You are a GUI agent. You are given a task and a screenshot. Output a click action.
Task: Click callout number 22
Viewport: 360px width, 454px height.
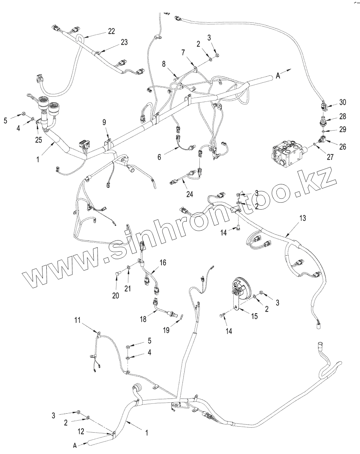(111, 31)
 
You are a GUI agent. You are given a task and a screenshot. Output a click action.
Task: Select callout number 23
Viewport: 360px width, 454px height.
(124, 42)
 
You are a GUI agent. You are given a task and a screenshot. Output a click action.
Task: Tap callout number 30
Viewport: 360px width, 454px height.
(342, 103)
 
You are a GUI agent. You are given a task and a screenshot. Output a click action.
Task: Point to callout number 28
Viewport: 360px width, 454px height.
(342, 117)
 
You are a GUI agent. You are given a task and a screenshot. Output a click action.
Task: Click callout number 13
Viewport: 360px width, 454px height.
(302, 218)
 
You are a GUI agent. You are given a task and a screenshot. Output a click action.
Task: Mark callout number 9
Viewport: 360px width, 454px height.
(104, 123)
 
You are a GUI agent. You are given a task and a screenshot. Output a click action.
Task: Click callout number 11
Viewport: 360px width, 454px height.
(77, 320)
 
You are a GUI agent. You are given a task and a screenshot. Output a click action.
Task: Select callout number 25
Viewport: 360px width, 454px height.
(38, 140)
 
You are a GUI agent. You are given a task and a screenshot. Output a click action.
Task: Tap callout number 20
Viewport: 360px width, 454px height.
(116, 296)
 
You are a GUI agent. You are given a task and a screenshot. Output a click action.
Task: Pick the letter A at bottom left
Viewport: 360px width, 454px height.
(75, 445)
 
